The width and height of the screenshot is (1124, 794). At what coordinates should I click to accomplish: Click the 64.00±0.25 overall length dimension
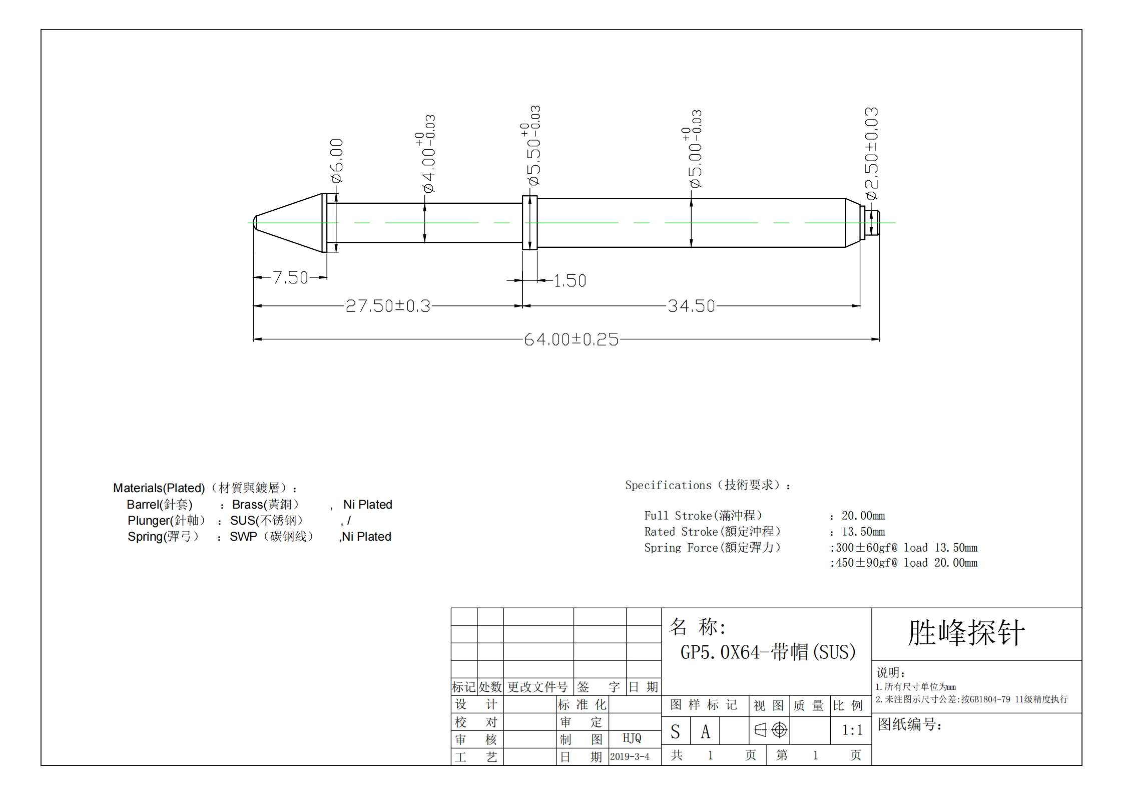pos(571,339)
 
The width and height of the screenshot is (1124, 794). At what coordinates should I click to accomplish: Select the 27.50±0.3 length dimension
pos(388,306)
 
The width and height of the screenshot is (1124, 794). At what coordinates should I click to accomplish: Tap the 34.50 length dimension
pos(691,306)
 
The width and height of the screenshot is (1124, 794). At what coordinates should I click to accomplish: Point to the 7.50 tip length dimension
pos(290,277)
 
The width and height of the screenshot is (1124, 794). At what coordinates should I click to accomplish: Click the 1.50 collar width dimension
pos(570,280)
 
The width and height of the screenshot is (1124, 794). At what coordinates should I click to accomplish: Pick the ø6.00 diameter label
pos(336,161)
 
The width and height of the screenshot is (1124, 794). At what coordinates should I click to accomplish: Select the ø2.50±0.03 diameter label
pos(871,154)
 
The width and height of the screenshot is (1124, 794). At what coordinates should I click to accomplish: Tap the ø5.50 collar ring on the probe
pos(530,223)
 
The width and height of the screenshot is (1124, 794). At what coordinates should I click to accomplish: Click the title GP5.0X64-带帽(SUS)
pos(768,652)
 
